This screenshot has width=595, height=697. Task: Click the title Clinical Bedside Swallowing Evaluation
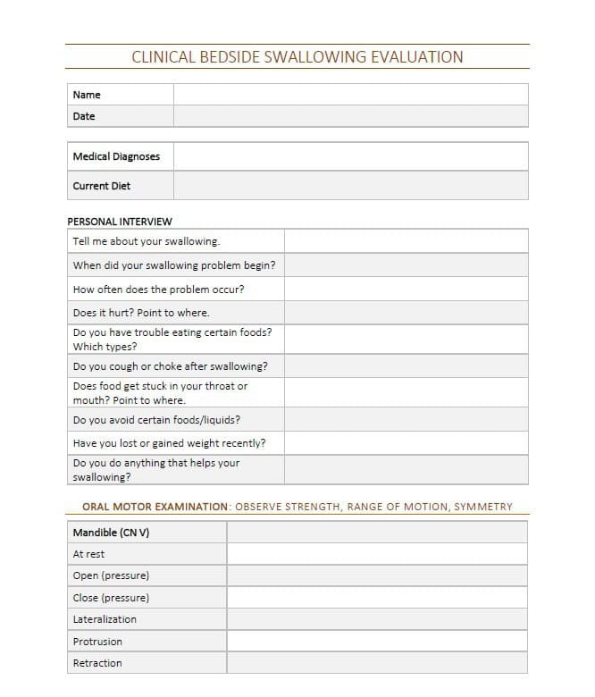tap(297, 57)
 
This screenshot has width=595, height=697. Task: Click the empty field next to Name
tap(350, 95)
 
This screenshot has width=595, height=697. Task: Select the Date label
tap(84, 116)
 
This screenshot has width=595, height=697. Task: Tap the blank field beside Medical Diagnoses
tap(350, 156)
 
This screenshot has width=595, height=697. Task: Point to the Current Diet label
tap(102, 186)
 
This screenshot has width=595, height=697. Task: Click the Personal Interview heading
tap(120, 222)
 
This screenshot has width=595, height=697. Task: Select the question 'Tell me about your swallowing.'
tap(147, 241)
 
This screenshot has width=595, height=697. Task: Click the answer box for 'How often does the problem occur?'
tap(406, 290)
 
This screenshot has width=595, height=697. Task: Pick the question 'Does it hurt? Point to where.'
tap(141, 313)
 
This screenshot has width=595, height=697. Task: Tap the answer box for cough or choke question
tap(406, 366)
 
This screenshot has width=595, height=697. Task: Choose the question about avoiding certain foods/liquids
tap(156, 420)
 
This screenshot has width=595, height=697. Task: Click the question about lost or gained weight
tap(169, 443)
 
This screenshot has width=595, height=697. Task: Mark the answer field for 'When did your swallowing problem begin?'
tap(406, 265)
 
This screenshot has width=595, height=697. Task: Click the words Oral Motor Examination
tap(155, 507)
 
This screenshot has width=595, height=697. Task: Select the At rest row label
tap(89, 554)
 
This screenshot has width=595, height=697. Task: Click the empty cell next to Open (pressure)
tap(377, 575)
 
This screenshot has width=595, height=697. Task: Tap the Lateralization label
tap(105, 619)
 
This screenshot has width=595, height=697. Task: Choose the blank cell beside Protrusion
tap(377, 642)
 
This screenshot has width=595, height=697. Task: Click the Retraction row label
tap(97, 663)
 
